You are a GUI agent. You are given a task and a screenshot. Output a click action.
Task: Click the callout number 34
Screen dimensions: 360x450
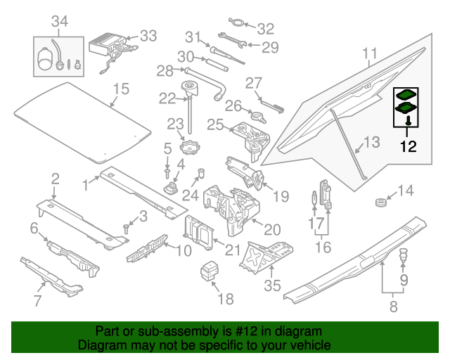(x=60, y=22)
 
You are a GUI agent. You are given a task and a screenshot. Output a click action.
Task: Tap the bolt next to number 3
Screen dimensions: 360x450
(x=127, y=227)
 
